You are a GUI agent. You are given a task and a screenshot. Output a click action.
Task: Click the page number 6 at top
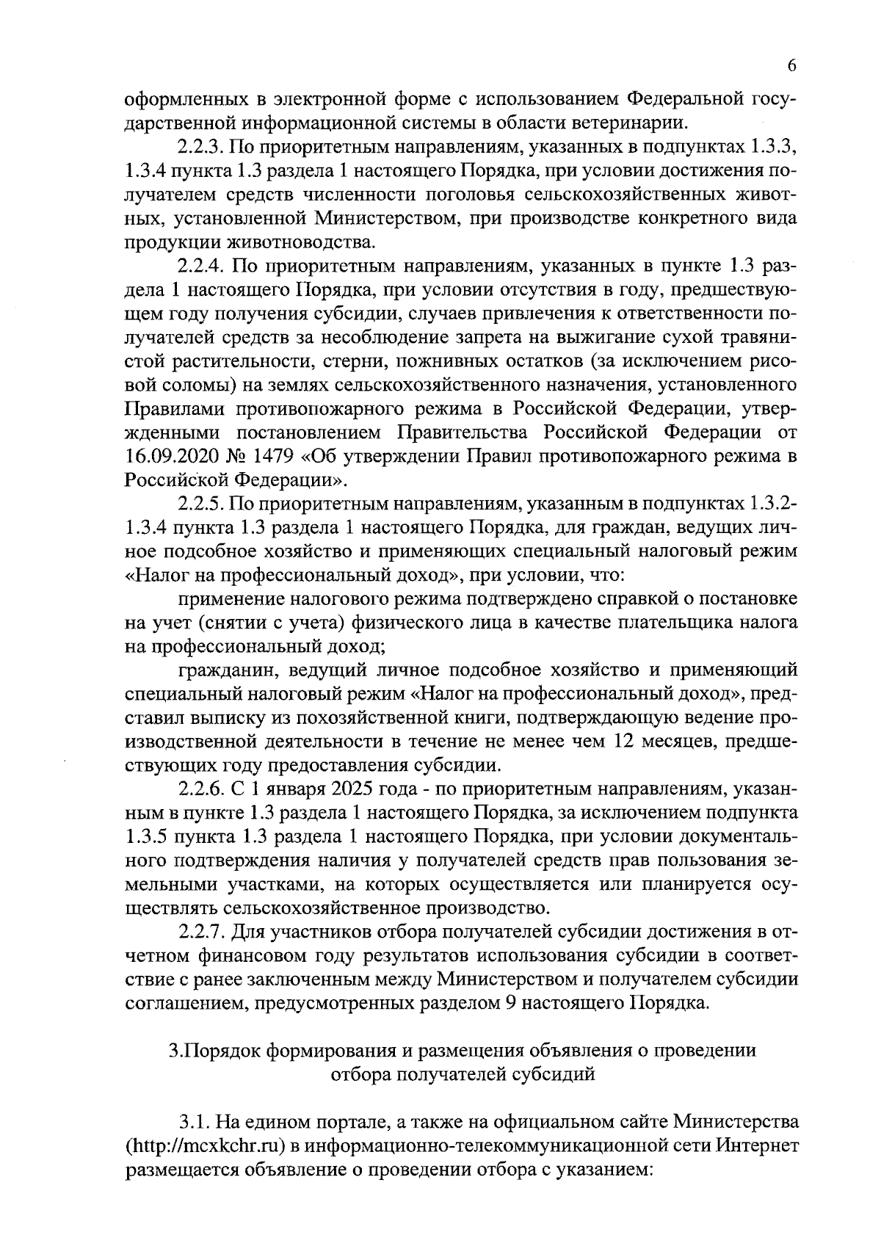pos(792,65)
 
